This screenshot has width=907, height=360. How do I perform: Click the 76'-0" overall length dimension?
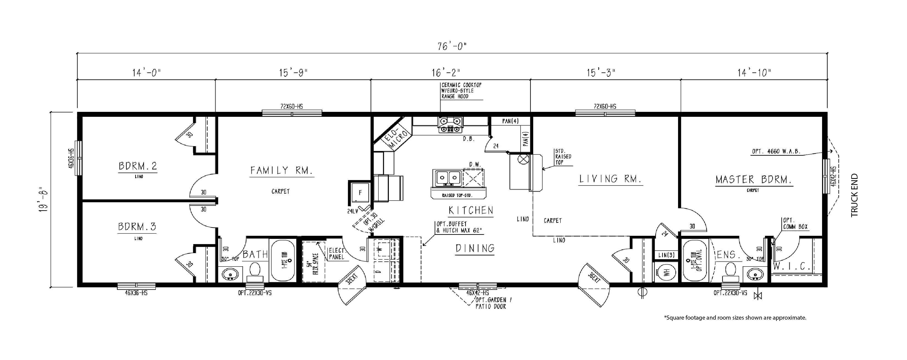452,46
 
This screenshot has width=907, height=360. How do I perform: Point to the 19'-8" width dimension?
44,200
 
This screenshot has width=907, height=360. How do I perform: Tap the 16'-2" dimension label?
446,73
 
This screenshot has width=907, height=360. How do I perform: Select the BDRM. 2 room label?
138,166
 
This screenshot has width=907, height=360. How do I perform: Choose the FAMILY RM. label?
282,171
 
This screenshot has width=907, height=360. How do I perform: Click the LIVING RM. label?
610,179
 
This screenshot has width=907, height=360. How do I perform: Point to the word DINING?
475,248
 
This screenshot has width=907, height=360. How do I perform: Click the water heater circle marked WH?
666,272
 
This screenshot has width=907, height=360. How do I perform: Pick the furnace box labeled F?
360,193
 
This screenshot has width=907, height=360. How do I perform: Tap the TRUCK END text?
855,196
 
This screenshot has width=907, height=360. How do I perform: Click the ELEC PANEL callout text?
336,254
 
